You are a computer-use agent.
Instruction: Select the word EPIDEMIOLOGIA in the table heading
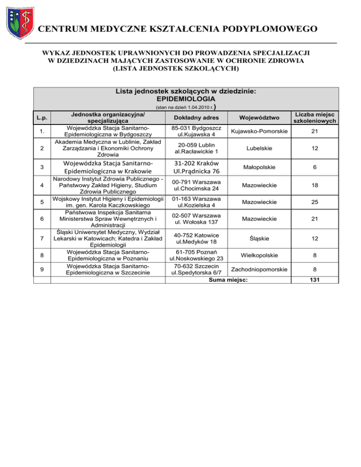(x=185, y=99)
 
